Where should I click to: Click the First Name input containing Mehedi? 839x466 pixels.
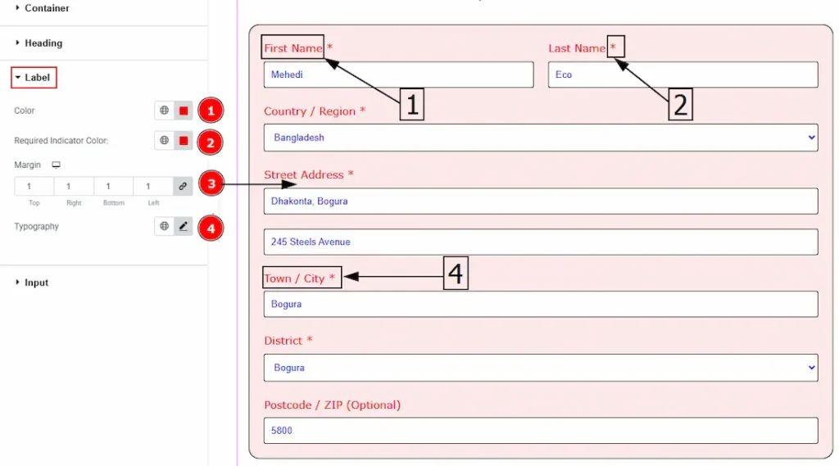[x=398, y=75]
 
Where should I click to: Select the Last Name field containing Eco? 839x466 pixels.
[x=683, y=75]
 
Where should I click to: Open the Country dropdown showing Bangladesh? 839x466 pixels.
[x=541, y=138]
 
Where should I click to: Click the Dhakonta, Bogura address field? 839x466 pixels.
[x=541, y=201]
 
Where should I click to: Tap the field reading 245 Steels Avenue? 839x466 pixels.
[x=541, y=242]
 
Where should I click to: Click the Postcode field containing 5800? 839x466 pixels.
[x=541, y=431]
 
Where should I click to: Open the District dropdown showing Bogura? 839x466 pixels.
[x=541, y=368]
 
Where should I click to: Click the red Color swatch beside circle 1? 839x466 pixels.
[x=184, y=111]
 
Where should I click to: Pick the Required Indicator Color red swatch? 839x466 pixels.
[x=184, y=141]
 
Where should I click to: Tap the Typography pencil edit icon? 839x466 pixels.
[x=184, y=226]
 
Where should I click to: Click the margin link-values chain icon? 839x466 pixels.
[x=183, y=186]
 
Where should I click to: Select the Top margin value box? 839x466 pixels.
[x=34, y=186]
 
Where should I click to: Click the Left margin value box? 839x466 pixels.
[x=153, y=186]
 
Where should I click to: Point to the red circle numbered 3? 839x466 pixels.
[x=211, y=184]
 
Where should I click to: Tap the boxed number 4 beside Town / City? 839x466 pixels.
[x=456, y=274]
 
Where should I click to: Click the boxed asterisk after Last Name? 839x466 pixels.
[x=615, y=47]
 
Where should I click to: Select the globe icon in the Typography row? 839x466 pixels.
[x=164, y=226]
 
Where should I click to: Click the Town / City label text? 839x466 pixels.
[x=294, y=278]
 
